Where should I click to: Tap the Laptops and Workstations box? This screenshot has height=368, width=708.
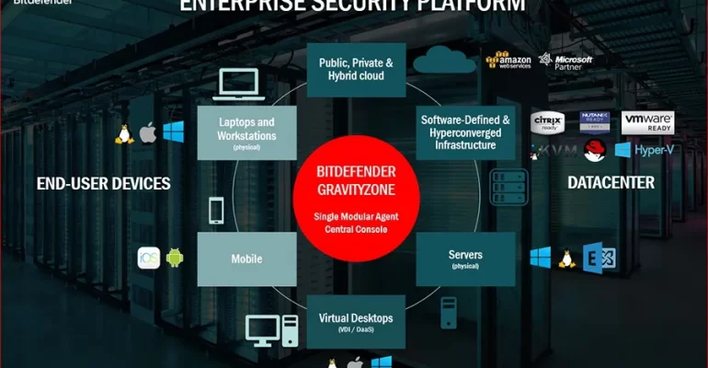tap(246, 132)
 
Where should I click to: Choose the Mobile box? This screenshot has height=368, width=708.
tap(246, 259)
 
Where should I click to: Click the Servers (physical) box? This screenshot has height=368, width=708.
tap(465, 259)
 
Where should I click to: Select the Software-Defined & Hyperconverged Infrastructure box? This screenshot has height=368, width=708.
tap(465, 132)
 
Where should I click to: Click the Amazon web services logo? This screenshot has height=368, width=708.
tap(509, 61)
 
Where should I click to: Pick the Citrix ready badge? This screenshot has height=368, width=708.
tap(547, 121)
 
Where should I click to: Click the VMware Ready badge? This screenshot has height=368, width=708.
tap(648, 121)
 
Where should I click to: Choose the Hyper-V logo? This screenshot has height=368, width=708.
tap(644, 149)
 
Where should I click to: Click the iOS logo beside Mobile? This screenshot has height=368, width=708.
tap(149, 259)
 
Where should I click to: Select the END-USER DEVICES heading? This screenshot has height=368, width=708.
tap(103, 183)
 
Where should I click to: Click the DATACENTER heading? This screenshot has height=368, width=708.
tap(611, 182)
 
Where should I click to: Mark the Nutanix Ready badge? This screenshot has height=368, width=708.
tap(596, 121)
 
